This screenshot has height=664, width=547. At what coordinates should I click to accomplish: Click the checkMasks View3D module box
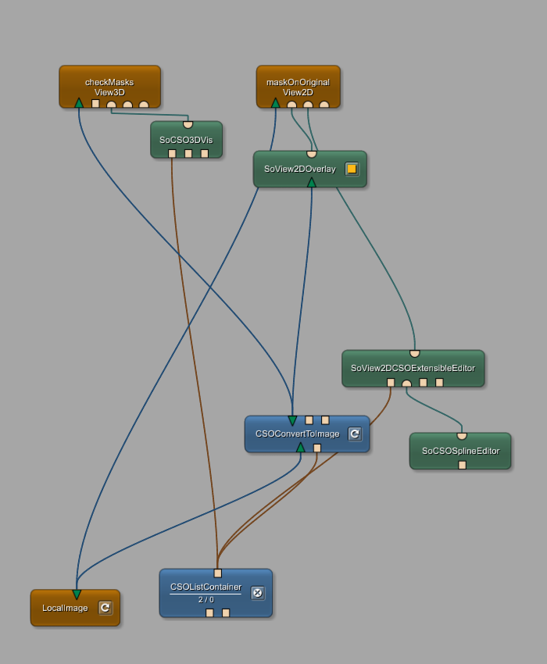click(109, 82)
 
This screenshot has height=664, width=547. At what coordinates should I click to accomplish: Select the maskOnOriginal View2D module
click(298, 82)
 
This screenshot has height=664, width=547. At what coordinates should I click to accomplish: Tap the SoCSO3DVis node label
click(186, 140)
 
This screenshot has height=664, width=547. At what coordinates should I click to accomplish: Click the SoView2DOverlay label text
click(299, 169)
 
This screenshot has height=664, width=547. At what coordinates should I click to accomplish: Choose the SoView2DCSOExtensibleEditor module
click(413, 368)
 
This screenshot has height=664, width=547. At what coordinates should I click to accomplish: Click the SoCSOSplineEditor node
click(459, 451)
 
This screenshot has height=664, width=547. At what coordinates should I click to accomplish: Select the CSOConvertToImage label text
click(297, 434)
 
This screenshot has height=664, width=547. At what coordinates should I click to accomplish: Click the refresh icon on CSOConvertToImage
click(355, 434)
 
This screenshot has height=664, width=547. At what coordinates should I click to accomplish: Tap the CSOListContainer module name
click(206, 587)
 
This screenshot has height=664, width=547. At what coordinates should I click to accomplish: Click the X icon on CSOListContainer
click(257, 593)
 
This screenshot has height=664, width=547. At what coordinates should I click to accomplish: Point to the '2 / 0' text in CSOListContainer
click(206, 600)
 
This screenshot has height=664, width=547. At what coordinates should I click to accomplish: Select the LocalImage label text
click(65, 608)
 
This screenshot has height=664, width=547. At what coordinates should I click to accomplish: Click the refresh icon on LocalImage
click(105, 607)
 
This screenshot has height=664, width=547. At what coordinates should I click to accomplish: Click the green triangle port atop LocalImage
click(77, 594)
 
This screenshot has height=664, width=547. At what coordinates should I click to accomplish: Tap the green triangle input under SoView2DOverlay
click(311, 183)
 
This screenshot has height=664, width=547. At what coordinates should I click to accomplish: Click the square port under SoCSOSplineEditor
click(462, 465)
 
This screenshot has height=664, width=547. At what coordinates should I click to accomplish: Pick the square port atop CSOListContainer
click(217, 573)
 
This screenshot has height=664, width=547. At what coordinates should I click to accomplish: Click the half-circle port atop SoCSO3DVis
click(188, 125)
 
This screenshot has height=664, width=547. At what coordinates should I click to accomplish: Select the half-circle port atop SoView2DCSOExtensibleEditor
click(414, 354)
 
